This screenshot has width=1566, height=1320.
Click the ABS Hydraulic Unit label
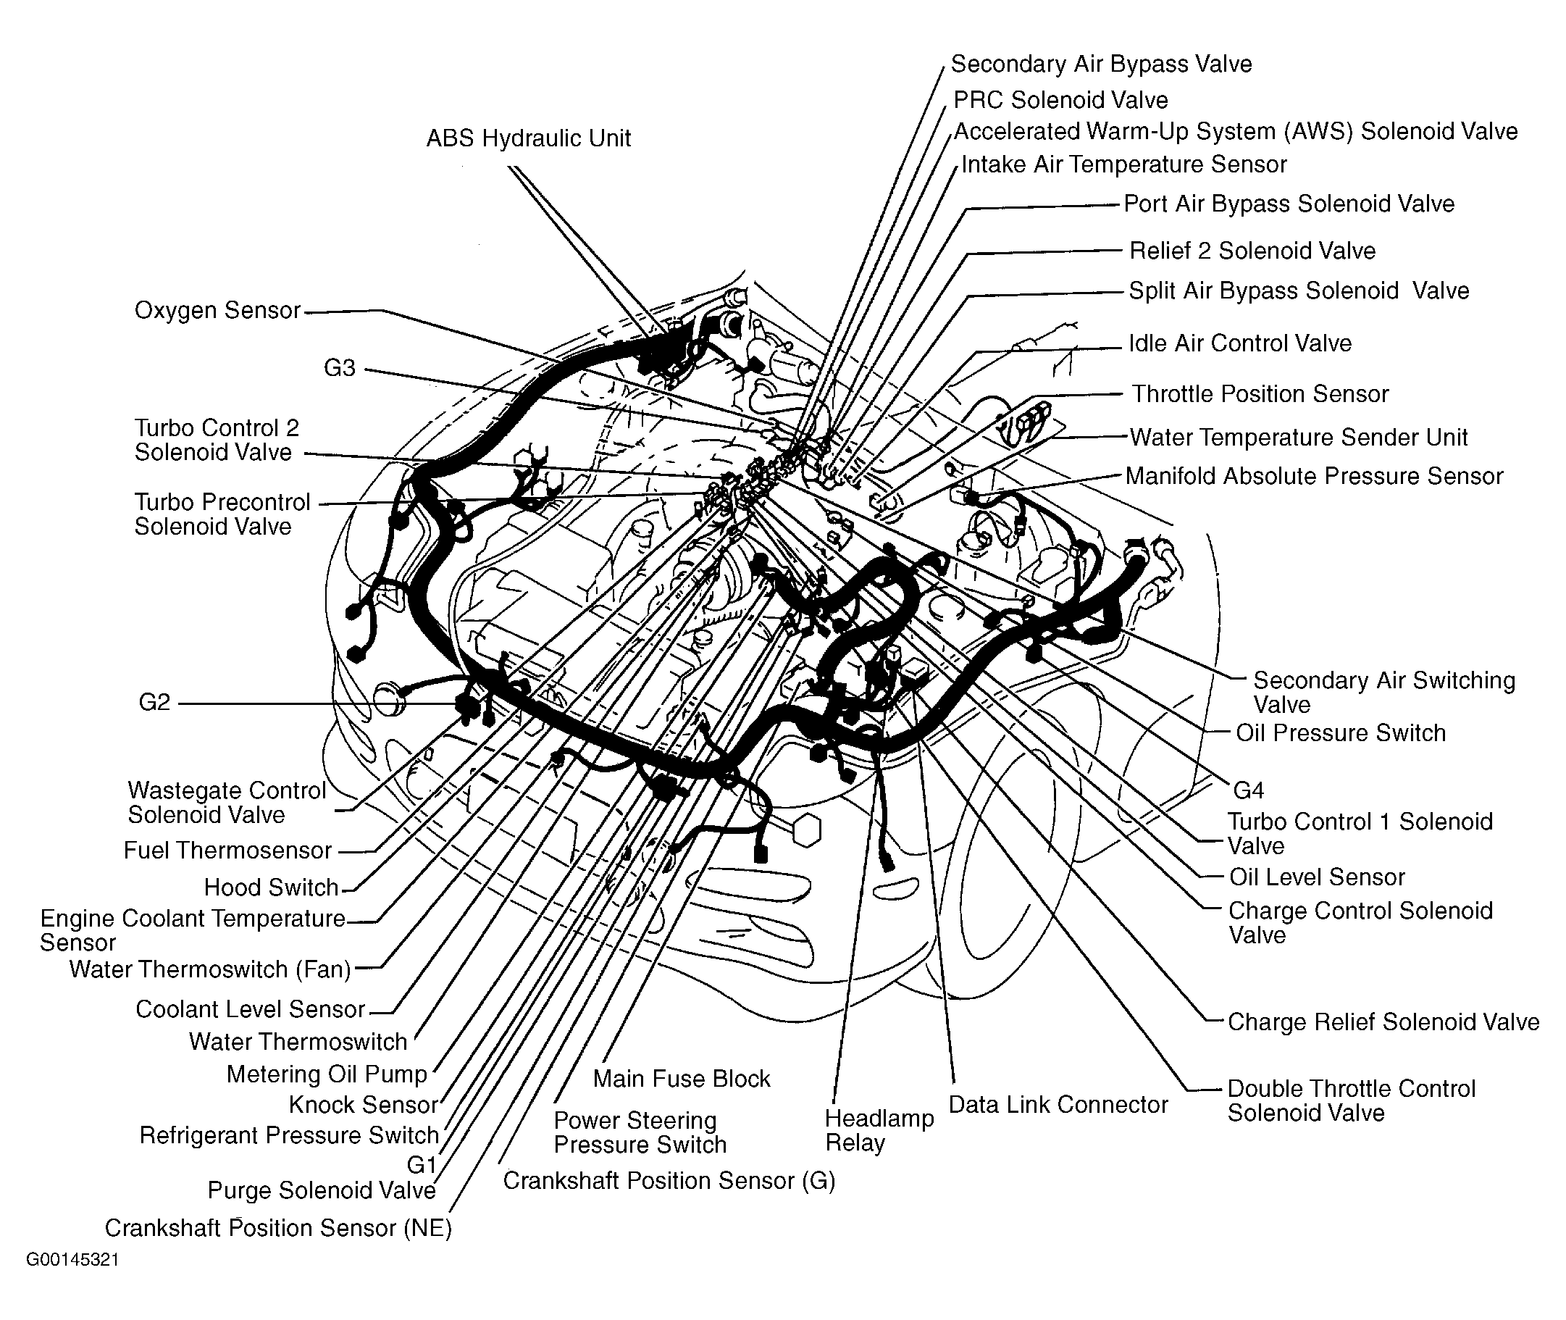pyautogui.click(x=528, y=138)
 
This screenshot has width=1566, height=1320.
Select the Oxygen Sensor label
pyautogui.click(x=217, y=311)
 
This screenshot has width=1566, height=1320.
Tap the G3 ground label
pyautogui.click(x=339, y=368)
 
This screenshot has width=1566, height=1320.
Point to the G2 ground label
pyautogui.click(x=155, y=703)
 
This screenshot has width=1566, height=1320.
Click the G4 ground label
pyautogui.click(x=1248, y=790)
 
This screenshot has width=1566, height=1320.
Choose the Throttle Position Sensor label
pyautogui.click(x=1260, y=394)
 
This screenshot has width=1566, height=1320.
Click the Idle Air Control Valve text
pyautogui.click(x=1240, y=343)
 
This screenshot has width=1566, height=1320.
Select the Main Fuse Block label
pyautogui.click(x=681, y=1078)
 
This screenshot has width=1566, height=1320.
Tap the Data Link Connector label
pyautogui.click(x=1058, y=1105)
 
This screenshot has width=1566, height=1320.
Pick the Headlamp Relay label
pyautogui.click(x=879, y=1131)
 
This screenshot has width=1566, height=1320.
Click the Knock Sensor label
pyautogui.click(x=363, y=1105)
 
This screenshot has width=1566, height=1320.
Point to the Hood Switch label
pyautogui.click(x=272, y=887)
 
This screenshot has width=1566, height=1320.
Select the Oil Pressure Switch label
pyautogui.click(x=1340, y=732)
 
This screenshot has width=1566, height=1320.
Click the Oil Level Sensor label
pyautogui.click(x=1317, y=877)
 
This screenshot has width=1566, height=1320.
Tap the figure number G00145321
pyautogui.click(x=72, y=1259)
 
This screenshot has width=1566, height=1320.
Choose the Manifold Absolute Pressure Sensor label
pyautogui.click(x=1314, y=477)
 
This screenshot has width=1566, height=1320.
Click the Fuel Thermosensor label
pyautogui.click(x=227, y=851)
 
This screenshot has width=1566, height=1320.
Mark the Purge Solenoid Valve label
pyautogui.click(x=322, y=1190)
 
